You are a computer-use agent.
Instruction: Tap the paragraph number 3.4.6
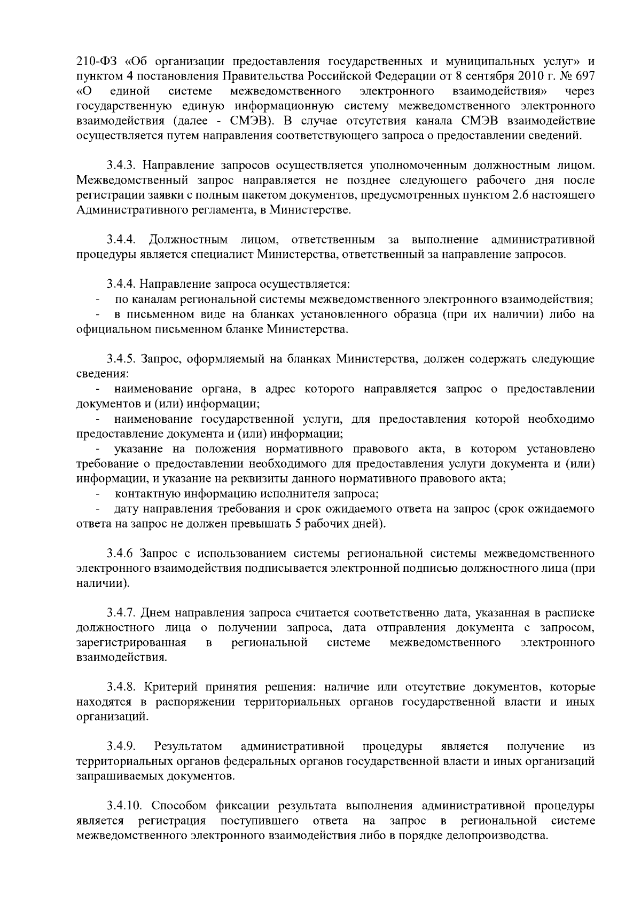coord(119,550)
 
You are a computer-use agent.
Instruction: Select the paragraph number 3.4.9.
coord(121,745)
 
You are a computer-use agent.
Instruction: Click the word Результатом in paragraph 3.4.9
coord(187,745)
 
